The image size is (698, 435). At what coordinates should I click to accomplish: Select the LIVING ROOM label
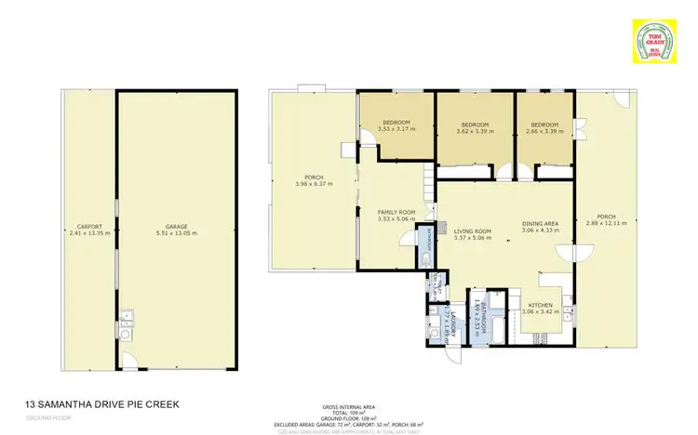(471, 231)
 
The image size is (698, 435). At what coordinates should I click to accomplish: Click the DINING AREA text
(540, 224)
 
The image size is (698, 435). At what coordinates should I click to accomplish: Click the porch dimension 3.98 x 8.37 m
(314, 184)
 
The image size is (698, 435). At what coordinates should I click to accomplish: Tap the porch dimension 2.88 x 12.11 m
(607, 224)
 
